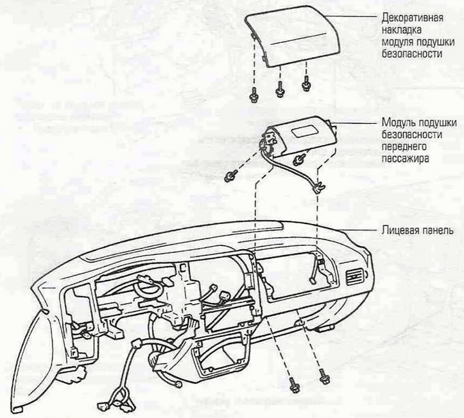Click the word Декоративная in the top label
[x=412, y=18]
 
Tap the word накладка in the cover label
[x=401, y=30]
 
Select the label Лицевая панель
[x=417, y=230]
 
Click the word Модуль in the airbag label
[x=397, y=122]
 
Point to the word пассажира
[x=405, y=159]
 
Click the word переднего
[x=404, y=146]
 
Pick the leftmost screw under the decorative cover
[x=253, y=96]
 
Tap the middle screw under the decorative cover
[x=280, y=89]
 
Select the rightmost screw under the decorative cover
[x=305, y=83]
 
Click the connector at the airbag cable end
[x=319, y=188]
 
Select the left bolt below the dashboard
[x=294, y=385]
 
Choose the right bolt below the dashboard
[x=324, y=376]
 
